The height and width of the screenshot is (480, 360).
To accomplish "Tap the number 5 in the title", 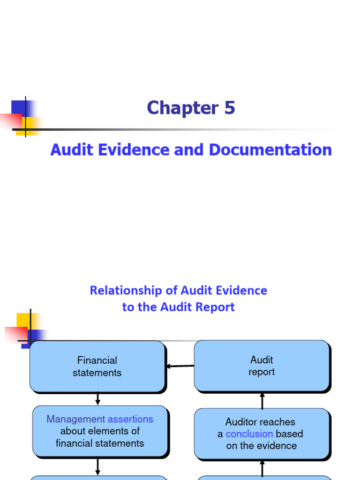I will pyautogui.click(x=229, y=108).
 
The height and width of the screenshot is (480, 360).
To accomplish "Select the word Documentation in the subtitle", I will pyautogui.click(x=270, y=150).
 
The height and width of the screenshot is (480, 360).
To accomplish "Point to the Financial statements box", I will pyautogui.click(x=97, y=367).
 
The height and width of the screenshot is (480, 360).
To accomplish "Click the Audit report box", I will pyautogui.click(x=262, y=366).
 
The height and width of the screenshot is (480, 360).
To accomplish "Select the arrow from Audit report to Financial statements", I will pyautogui.click(x=180, y=366).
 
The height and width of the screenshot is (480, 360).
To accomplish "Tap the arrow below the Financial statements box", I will pyautogui.click(x=97, y=399).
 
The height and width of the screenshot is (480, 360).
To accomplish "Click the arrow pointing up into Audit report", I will pyautogui.click(x=262, y=400).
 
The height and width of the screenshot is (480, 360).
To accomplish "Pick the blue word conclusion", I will pyautogui.click(x=249, y=434).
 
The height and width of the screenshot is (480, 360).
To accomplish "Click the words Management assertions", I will pyautogui.click(x=100, y=419).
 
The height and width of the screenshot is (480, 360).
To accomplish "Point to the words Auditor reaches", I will pyautogui.click(x=260, y=422).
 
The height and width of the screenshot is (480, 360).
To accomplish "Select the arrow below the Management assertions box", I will pyautogui.click(x=98, y=467).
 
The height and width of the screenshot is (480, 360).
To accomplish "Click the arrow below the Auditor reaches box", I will pyautogui.click(x=262, y=468).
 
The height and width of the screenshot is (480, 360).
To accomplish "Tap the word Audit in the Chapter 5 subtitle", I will pyautogui.click(x=71, y=150).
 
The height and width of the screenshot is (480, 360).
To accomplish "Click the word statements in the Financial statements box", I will pyautogui.click(x=97, y=373).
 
